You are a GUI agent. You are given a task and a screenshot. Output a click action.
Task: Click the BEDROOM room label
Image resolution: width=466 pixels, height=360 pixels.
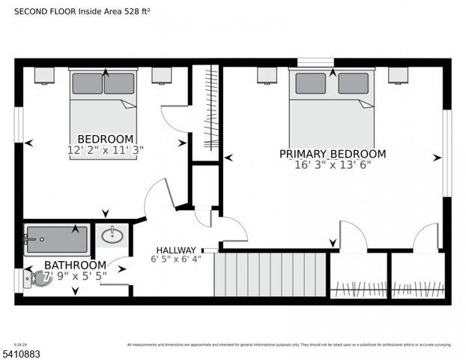[106, 139]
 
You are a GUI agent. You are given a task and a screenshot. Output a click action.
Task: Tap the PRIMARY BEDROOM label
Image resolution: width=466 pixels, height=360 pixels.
[333, 154]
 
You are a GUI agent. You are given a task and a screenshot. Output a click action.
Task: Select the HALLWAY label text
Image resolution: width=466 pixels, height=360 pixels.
[176, 250]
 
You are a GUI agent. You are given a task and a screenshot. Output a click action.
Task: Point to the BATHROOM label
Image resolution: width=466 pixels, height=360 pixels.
[75, 265]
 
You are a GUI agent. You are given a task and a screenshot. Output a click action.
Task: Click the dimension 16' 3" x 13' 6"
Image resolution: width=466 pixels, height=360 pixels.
[333, 164]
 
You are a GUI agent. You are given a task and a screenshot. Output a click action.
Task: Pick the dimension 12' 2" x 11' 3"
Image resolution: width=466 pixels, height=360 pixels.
[106, 149]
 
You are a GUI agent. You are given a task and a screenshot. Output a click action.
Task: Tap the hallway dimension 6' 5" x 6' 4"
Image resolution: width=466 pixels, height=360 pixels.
[176, 259]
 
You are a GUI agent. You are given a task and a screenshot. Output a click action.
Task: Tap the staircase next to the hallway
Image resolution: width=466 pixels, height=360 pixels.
[270, 274]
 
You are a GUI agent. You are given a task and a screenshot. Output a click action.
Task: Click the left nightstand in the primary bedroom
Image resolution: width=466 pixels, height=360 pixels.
[267, 75]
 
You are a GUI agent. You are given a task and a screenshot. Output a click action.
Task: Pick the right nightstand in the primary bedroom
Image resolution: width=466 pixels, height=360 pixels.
[398, 75]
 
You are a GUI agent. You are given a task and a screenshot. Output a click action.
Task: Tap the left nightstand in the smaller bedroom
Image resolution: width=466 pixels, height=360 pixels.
[44, 75]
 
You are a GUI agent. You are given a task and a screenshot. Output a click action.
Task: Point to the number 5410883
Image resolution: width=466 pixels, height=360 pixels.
[22, 352]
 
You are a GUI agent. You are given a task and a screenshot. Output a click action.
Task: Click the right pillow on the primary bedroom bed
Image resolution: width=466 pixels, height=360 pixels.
[353, 83]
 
